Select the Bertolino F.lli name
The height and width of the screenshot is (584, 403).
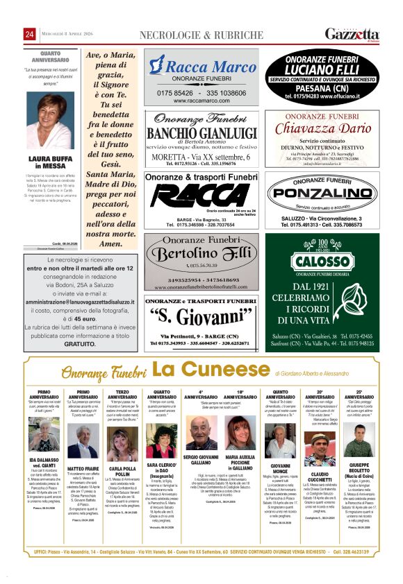point(201,254)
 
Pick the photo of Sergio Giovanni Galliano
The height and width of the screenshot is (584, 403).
point(201,433)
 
